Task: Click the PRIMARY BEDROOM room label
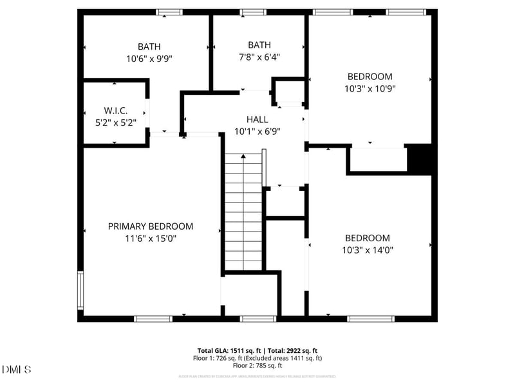[x=150, y=226]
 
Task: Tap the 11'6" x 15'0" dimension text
[x=150, y=239]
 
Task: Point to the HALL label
[x=257, y=119]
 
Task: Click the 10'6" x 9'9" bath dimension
[x=149, y=58]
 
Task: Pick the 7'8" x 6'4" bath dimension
[x=259, y=57]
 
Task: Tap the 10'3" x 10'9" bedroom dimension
[x=370, y=88]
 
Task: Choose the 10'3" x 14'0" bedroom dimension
[x=367, y=250]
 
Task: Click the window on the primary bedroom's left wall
[x=81, y=291]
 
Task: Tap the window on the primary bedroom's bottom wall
[x=153, y=318]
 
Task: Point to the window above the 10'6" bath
[x=169, y=12]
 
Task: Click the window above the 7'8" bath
[x=252, y=12]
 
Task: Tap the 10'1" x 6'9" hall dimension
[x=257, y=132]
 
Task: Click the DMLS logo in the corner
[x=17, y=370]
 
